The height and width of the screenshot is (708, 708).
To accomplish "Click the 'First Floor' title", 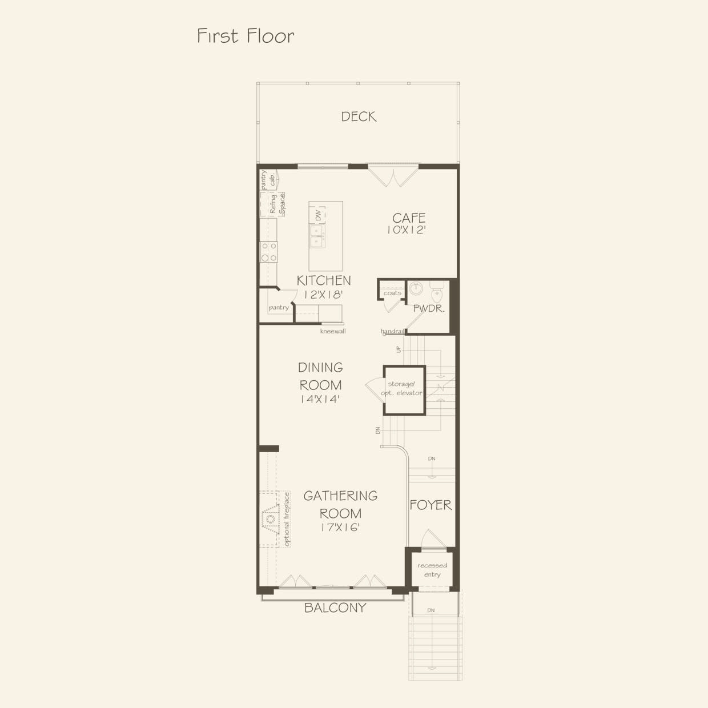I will coord(246,36).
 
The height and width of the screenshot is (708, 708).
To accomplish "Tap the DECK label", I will coord(359,116).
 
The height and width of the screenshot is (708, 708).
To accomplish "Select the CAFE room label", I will coord(409,218).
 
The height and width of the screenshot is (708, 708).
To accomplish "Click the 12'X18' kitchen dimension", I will coord(323,295).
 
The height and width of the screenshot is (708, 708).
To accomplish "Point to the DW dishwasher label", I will coord(318,215).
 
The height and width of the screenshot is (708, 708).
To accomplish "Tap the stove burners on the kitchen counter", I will coord(268,252).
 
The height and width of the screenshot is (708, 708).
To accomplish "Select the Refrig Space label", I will coord(277,204).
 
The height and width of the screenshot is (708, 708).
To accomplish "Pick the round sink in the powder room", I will coord(416,287).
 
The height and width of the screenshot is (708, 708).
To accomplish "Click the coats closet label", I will coord(392,293).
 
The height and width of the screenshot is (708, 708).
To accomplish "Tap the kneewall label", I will coord(333,331).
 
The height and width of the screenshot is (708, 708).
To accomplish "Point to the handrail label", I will coord(393,331).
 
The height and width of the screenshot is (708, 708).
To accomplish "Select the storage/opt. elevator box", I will coord(404,389).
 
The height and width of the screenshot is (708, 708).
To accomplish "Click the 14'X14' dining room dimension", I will coord(320,400).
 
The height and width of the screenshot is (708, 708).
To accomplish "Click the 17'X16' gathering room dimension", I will coord(340,528).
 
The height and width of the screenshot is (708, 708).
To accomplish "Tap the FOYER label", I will coord(431,505).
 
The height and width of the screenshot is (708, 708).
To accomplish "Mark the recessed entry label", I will coord(432,570).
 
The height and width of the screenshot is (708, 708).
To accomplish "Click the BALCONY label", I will coord(335,608).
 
